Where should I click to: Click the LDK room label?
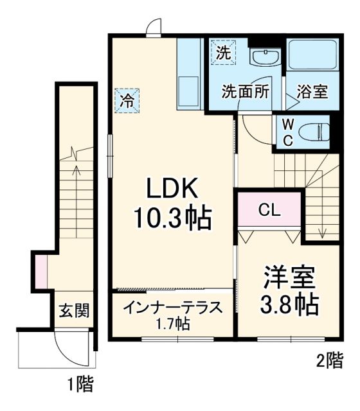(172, 189)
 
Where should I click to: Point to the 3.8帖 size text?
(289, 305)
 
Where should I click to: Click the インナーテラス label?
(172, 307)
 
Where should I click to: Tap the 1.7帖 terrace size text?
(172, 324)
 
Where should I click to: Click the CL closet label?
(269, 210)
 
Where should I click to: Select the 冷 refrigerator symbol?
(127, 100)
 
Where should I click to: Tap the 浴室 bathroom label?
(312, 92)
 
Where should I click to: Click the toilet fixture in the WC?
(316, 132)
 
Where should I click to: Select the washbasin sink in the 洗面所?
(264, 58)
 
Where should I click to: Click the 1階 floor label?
(81, 385)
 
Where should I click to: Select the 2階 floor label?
(329, 360)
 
